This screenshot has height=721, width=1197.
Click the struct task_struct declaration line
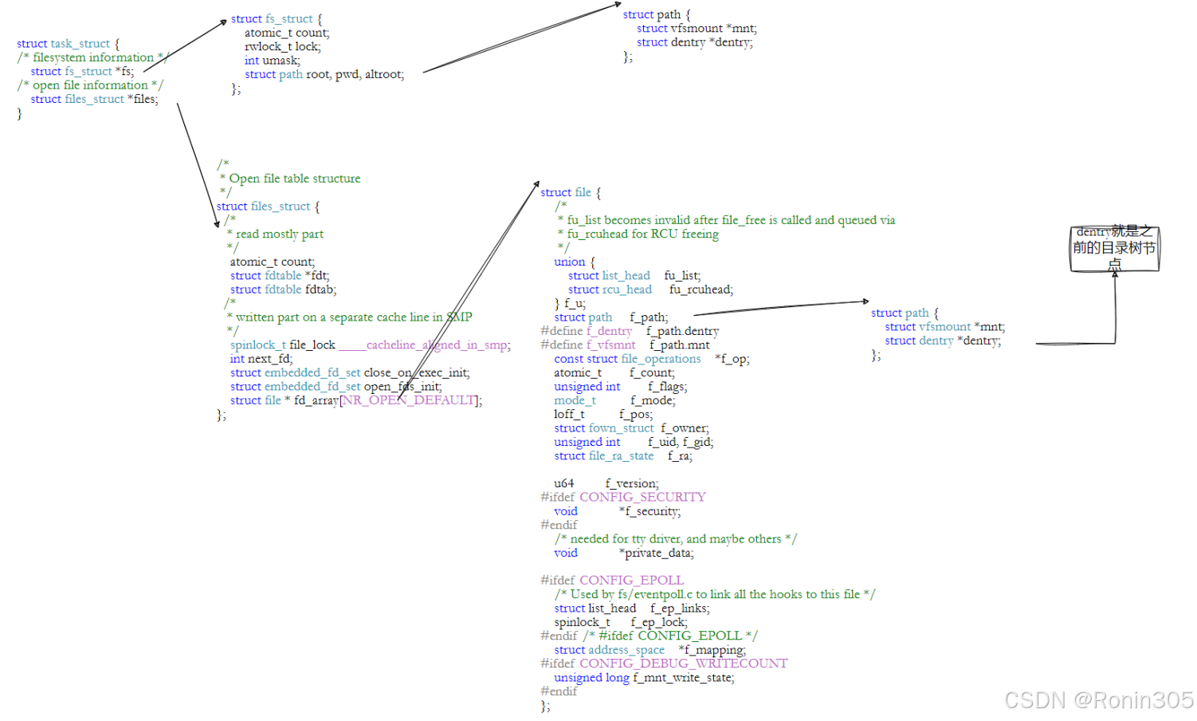coord(68,44)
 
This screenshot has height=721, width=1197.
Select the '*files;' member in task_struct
coord(143,99)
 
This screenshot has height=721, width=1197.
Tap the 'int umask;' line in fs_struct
coord(273,61)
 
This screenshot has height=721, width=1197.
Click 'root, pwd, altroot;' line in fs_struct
coord(355,74)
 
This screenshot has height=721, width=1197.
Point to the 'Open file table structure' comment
coord(295,179)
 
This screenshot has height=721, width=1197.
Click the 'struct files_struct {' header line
coord(268,207)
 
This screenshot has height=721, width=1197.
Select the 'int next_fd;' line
coord(261,359)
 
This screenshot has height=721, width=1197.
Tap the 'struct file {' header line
coord(571,192)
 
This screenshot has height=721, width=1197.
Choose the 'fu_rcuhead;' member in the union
coord(701,290)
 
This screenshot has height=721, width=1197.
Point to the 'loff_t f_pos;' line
coord(603,414)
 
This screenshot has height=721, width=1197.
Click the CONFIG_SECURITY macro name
coord(642,497)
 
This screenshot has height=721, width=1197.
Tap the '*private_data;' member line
coord(659,553)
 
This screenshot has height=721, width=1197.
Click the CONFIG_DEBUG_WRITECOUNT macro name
coord(683,664)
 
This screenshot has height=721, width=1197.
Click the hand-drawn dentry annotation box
coord(1114,248)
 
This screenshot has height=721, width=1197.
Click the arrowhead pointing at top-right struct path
coord(617,6)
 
